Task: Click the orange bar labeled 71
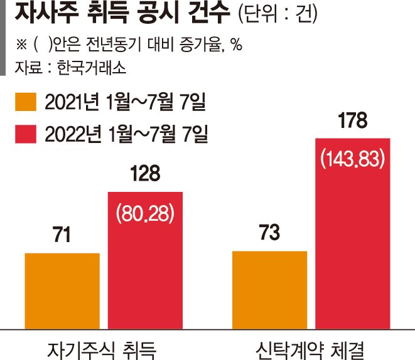click(62, 291)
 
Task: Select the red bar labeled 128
click(145, 261)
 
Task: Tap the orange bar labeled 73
click(270, 290)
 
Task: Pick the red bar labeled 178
click(353, 234)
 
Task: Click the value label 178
click(353, 120)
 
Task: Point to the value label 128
click(145, 173)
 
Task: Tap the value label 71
click(62, 235)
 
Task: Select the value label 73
click(269, 232)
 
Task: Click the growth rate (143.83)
click(353, 159)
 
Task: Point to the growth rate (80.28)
click(145, 213)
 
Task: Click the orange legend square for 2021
click(26, 102)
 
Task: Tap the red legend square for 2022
click(26, 134)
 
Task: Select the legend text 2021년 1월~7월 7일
click(125, 102)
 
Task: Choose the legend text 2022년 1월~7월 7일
click(126, 134)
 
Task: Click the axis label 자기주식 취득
click(102, 350)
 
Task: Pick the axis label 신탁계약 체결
click(310, 350)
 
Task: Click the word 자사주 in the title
click(47, 13)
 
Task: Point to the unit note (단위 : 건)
click(278, 13)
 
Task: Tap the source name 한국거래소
click(91, 68)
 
